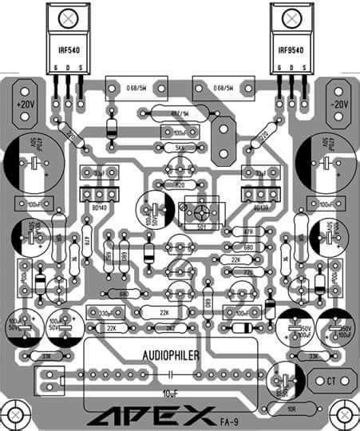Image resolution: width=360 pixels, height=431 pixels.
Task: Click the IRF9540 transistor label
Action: point(290,49)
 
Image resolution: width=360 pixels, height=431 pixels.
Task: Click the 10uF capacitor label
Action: point(171,393)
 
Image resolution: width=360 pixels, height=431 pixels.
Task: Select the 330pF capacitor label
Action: point(105,312)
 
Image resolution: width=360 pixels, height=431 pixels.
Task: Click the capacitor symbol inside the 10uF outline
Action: point(171,373)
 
